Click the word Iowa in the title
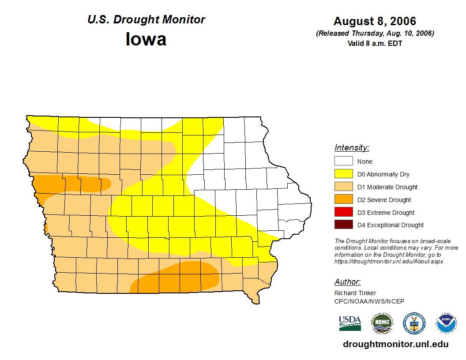pyautogui.click(x=146, y=39)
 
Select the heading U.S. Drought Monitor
pyautogui.click(x=146, y=20)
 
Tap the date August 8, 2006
pyautogui.click(x=375, y=21)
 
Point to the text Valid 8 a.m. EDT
pyautogui.click(x=375, y=43)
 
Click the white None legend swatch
pyautogui.click(x=343, y=161)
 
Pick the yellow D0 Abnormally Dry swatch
pyautogui.click(x=343, y=174)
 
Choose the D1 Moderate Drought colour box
pyautogui.click(x=343, y=187)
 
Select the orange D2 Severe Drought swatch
pyautogui.click(x=343, y=199)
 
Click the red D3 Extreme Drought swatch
pyautogui.click(x=343, y=212)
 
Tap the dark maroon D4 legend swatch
pyautogui.click(x=343, y=225)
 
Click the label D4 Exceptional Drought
pyautogui.click(x=391, y=225)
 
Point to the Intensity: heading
pyautogui.click(x=352, y=148)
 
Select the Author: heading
pyautogui.click(x=347, y=282)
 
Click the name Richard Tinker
pyautogui.click(x=355, y=293)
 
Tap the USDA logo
pyautogui.click(x=350, y=323)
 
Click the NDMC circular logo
pyautogui.click(x=382, y=323)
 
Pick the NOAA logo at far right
pyautogui.click(x=446, y=323)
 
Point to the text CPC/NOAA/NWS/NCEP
pyautogui.click(x=369, y=301)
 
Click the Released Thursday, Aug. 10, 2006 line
pyautogui.click(x=375, y=34)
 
